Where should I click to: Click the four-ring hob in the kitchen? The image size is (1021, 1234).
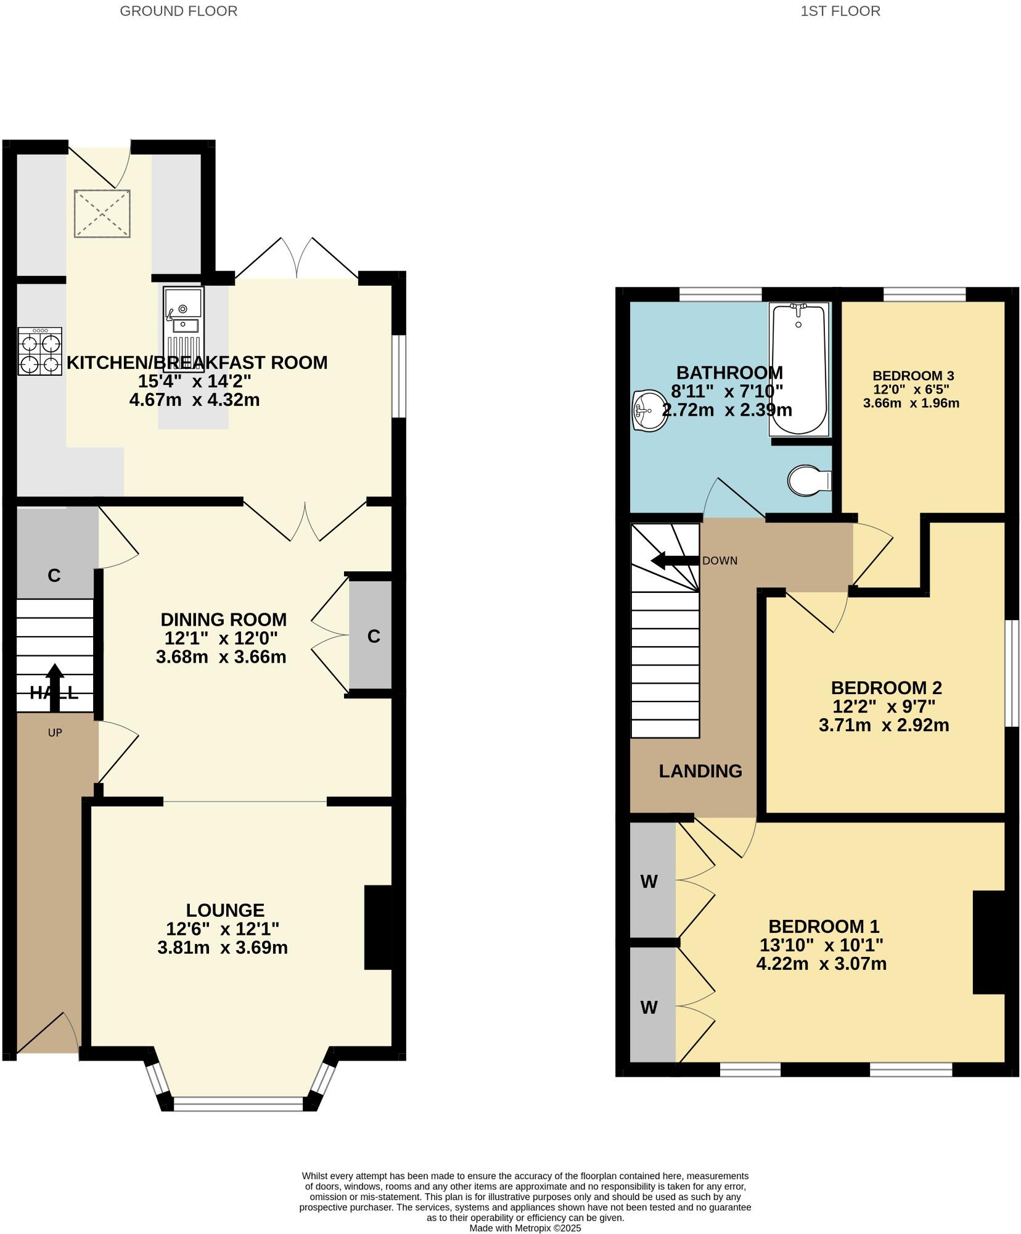(x=40, y=352)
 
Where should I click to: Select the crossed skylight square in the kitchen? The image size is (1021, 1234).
(x=102, y=213)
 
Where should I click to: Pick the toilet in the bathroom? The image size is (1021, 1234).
(x=808, y=480)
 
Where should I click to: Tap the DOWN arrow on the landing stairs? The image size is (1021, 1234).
(x=674, y=561)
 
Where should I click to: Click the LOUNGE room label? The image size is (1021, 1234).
(x=225, y=910)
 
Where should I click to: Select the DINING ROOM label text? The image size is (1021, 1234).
(x=224, y=619)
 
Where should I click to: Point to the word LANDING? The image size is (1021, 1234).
(x=700, y=771)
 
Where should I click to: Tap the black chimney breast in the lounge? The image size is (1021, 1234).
(x=378, y=928)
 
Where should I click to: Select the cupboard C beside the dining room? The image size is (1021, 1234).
(x=371, y=636)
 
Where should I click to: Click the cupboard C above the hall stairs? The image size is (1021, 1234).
(x=54, y=575)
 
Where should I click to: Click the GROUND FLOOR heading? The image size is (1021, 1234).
(x=178, y=11)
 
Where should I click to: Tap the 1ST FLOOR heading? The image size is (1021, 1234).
(x=840, y=11)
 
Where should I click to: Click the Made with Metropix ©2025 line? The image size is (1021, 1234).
(x=525, y=1228)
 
